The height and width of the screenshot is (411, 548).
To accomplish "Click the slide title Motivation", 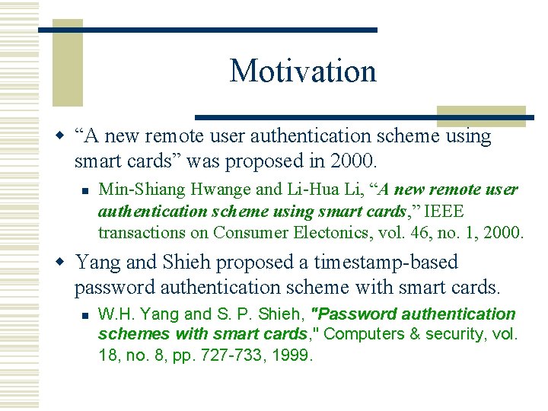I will [x=303, y=71].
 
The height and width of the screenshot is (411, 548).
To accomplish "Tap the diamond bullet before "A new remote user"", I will [x=62, y=136].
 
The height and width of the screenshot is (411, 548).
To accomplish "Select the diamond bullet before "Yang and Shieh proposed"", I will [x=62, y=263].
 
